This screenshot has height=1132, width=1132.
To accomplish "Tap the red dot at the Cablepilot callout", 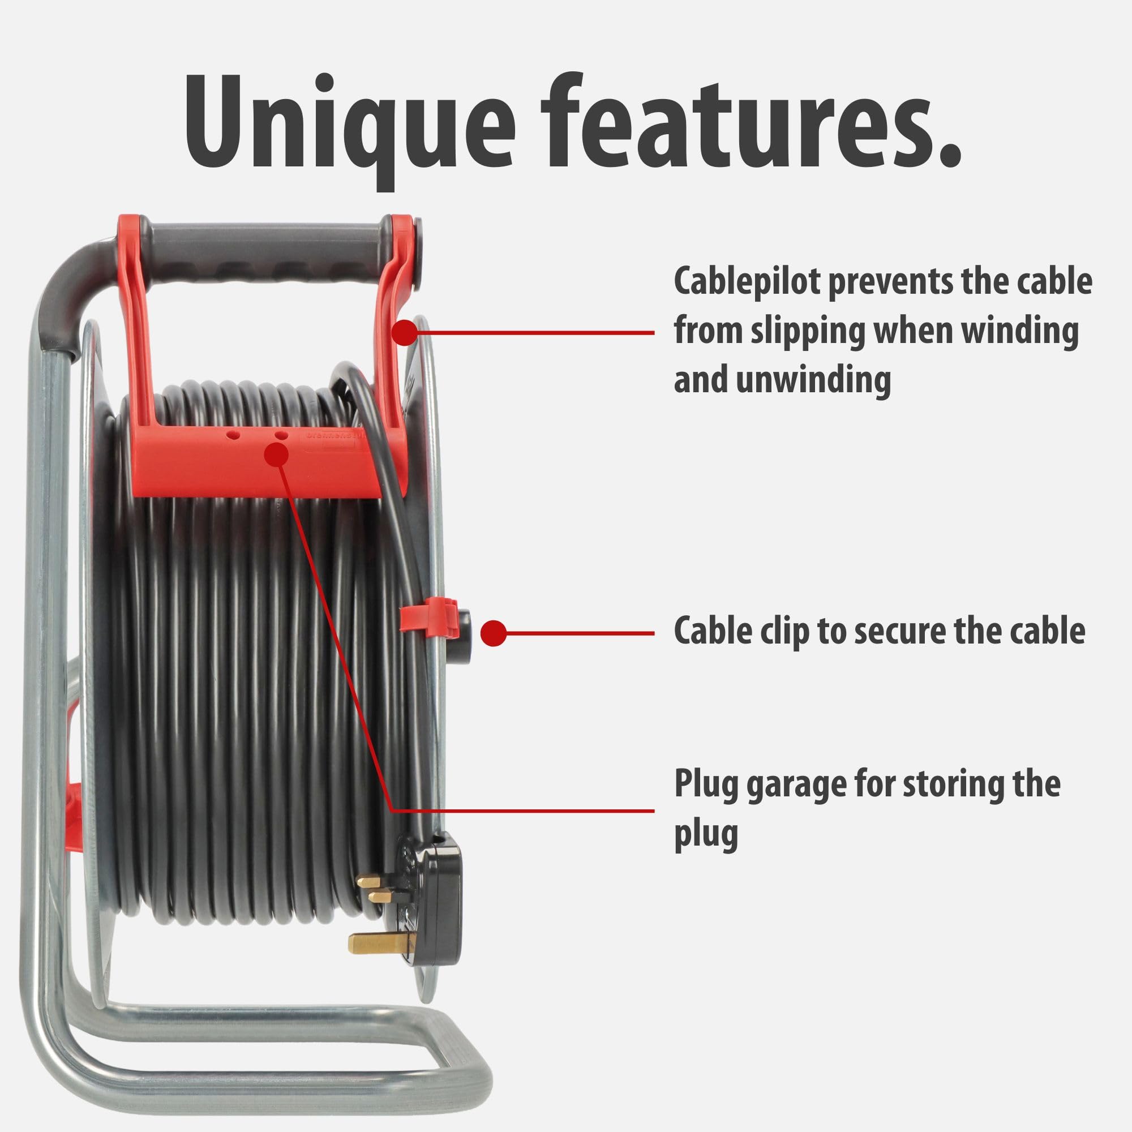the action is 404,333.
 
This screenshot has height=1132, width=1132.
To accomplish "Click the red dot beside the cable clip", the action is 494,633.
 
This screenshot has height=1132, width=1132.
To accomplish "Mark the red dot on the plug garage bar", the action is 276,454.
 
